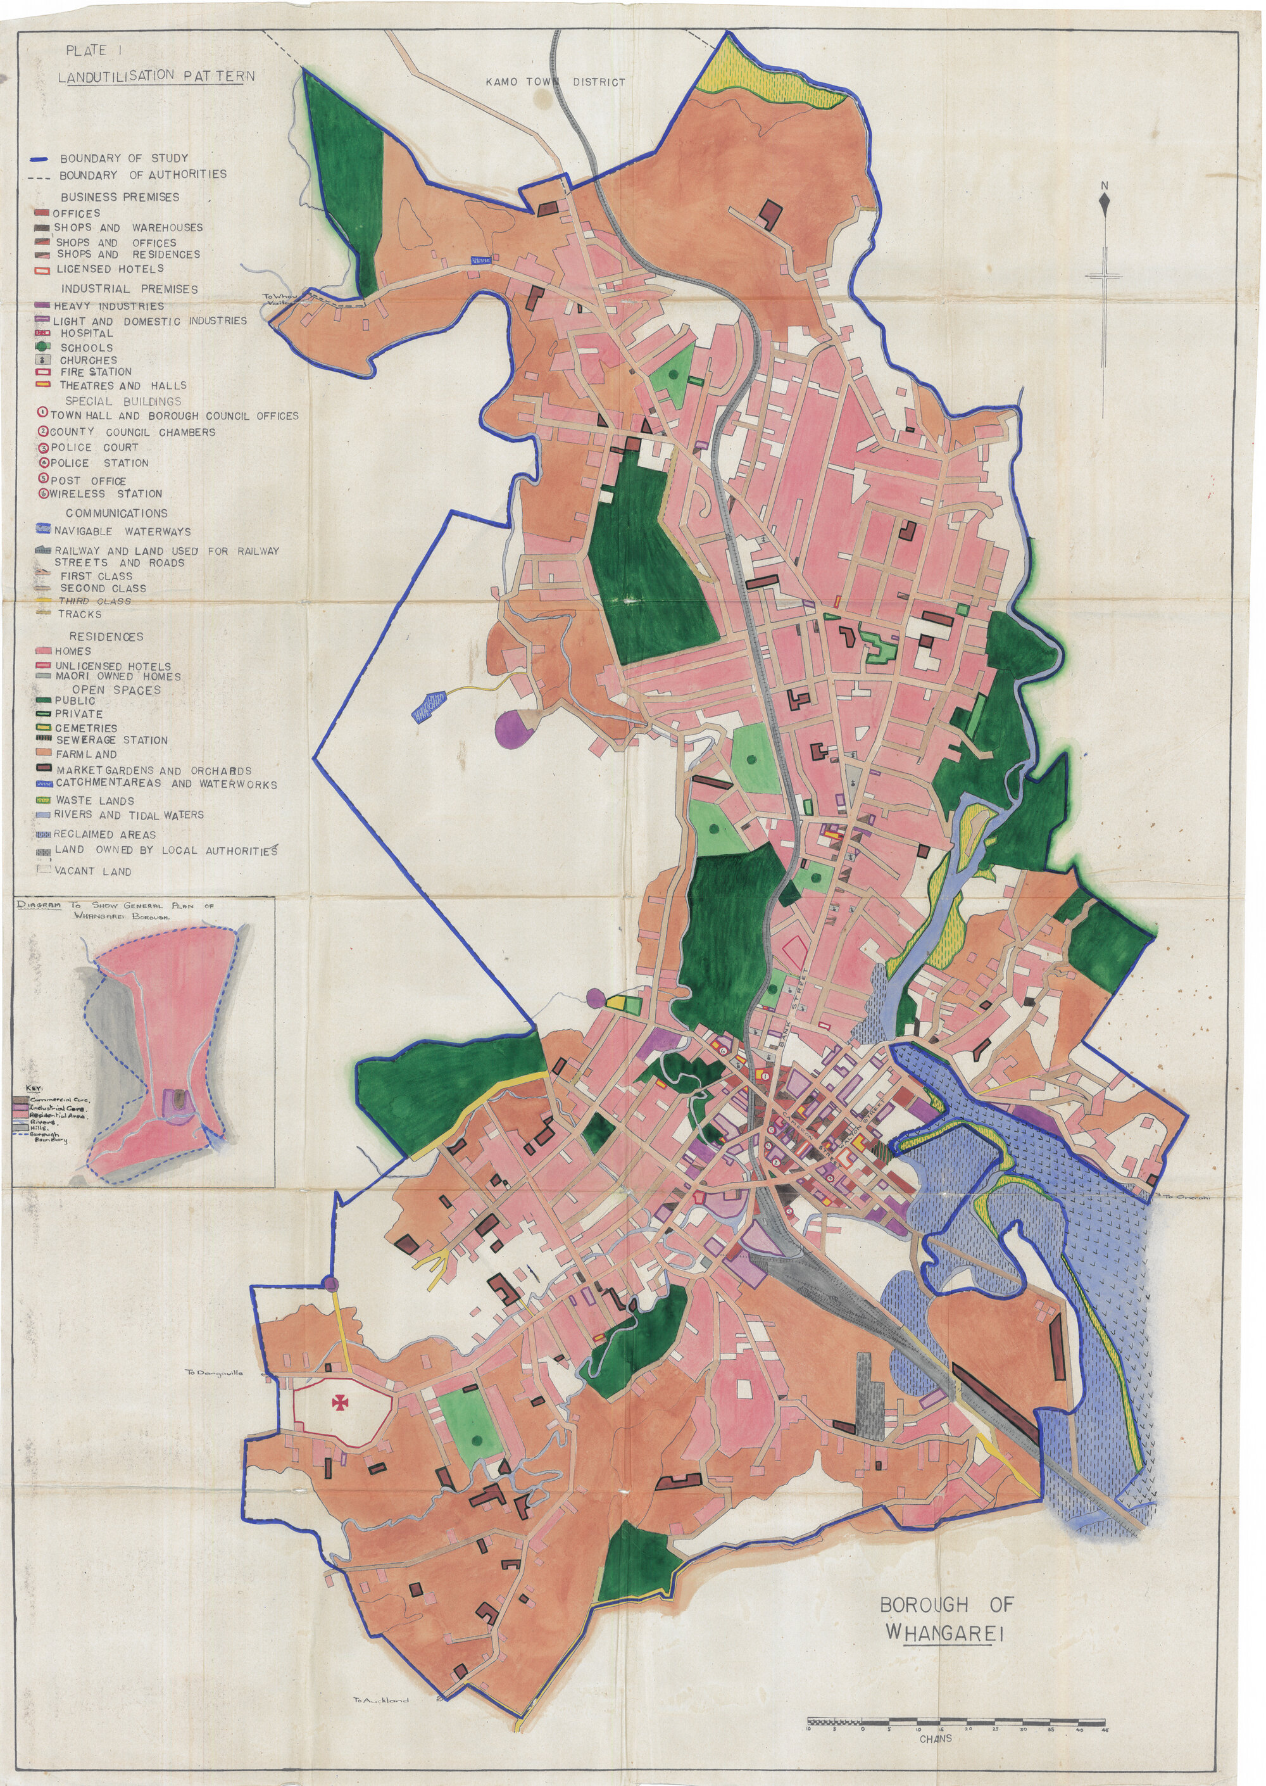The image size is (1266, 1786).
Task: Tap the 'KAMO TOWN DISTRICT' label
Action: point(555,82)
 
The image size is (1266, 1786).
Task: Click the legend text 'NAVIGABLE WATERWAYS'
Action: point(122,531)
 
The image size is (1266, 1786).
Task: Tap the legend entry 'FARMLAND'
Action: point(85,754)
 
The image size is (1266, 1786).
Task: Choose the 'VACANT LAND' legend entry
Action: point(92,871)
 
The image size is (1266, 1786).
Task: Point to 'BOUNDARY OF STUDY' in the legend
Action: point(123,158)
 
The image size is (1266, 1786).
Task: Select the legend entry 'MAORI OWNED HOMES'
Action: point(117,677)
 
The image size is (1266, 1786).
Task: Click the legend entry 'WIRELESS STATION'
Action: point(105,494)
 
